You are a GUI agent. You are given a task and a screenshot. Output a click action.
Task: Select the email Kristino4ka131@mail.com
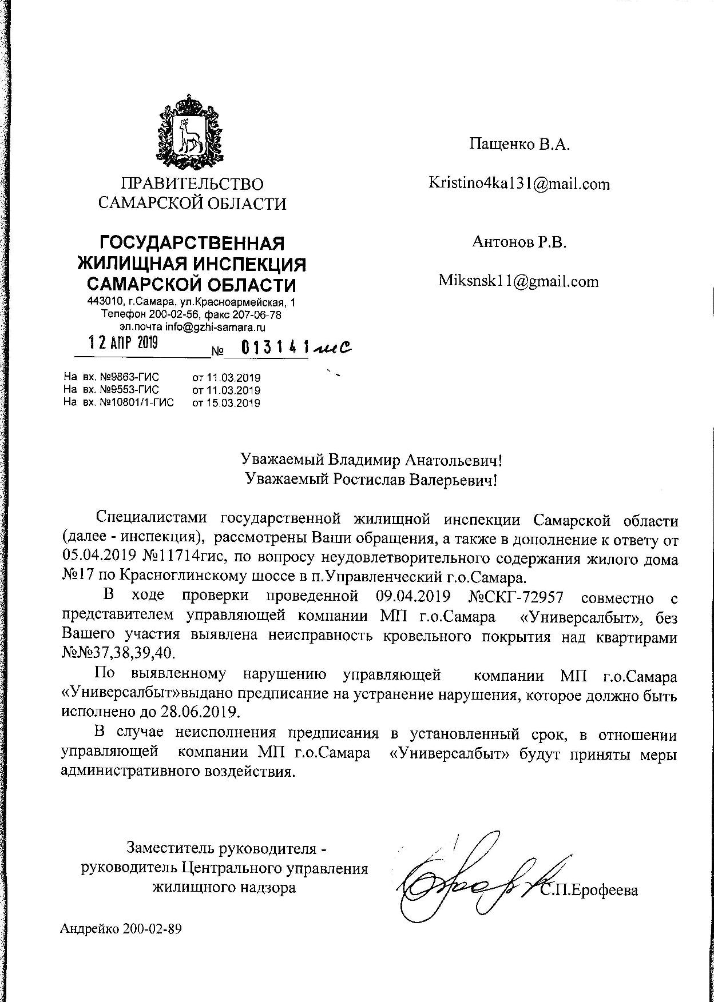point(519,184)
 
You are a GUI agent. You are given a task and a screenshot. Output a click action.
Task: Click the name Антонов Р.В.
point(519,242)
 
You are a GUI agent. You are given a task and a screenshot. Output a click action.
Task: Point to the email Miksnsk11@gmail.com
point(518,281)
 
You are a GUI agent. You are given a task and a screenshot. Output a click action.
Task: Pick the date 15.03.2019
point(227,403)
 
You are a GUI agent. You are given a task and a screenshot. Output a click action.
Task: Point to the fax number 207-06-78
point(258,315)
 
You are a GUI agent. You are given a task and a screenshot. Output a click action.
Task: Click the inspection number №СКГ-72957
point(516,597)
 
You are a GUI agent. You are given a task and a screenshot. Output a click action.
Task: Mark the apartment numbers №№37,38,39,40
point(119,652)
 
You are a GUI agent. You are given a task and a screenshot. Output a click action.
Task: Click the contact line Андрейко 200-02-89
point(121,929)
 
